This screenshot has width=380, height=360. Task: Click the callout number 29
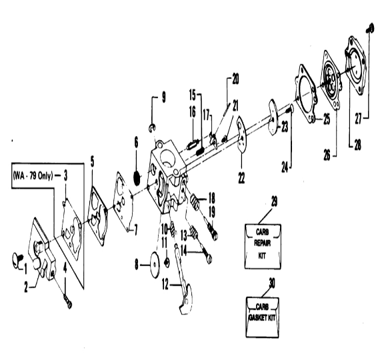click(274, 201)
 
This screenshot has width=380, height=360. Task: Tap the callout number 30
click(272, 283)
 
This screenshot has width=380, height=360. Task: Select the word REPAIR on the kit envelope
click(263, 243)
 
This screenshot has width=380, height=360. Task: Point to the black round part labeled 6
click(137, 178)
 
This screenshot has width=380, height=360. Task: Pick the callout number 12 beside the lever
click(165, 284)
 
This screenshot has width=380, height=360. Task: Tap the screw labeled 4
click(68, 301)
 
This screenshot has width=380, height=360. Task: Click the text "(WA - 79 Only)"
click(33, 175)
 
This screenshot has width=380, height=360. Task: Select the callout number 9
click(164, 97)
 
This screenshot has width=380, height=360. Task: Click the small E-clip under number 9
click(152, 128)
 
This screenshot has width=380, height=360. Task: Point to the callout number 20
click(235, 79)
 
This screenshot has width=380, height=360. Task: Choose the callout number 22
click(241, 177)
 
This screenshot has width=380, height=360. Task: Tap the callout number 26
click(327, 155)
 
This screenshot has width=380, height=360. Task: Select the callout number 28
click(358, 145)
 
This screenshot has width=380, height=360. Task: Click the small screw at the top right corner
click(369, 29)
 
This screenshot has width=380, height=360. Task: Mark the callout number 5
click(93, 161)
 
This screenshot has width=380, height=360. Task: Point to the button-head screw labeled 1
click(17, 260)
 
